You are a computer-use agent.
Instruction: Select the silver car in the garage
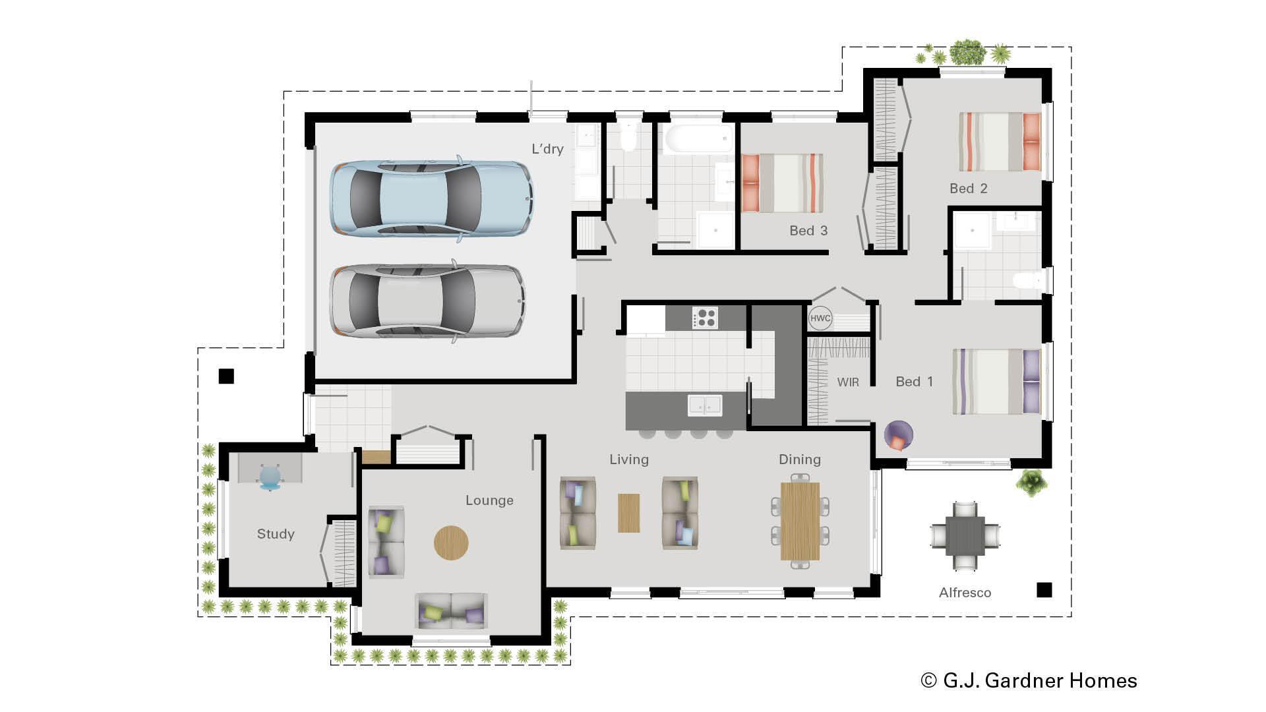pyautogui.click(x=427, y=301)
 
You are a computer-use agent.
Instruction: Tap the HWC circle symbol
pyautogui.click(x=820, y=318)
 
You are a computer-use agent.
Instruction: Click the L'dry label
pyautogui.click(x=547, y=149)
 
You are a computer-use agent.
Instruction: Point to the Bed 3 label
pyautogui.click(x=808, y=231)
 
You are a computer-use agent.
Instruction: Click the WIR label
pyautogui.click(x=847, y=382)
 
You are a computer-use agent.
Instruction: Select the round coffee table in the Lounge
pyautogui.click(x=451, y=543)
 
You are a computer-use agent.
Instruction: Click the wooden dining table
pyautogui.click(x=800, y=521)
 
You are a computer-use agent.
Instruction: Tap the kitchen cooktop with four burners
pyautogui.click(x=704, y=318)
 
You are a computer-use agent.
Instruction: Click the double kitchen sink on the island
pyautogui.click(x=704, y=405)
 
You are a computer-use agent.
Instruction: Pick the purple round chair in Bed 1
pyautogui.click(x=898, y=436)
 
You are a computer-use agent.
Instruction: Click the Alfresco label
pyautogui.click(x=965, y=593)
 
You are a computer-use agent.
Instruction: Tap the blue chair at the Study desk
pyautogui.click(x=270, y=477)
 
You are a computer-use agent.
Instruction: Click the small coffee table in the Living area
pyautogui.click(x=628, y=513)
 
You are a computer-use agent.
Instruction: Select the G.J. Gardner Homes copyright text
pyautogui.click(x=1029, y=680)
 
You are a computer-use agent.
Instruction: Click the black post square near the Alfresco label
pyautogui.click(x=1044, y=589)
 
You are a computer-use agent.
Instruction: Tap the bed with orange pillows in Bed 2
pyautogui.click(x=1000, y=142)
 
